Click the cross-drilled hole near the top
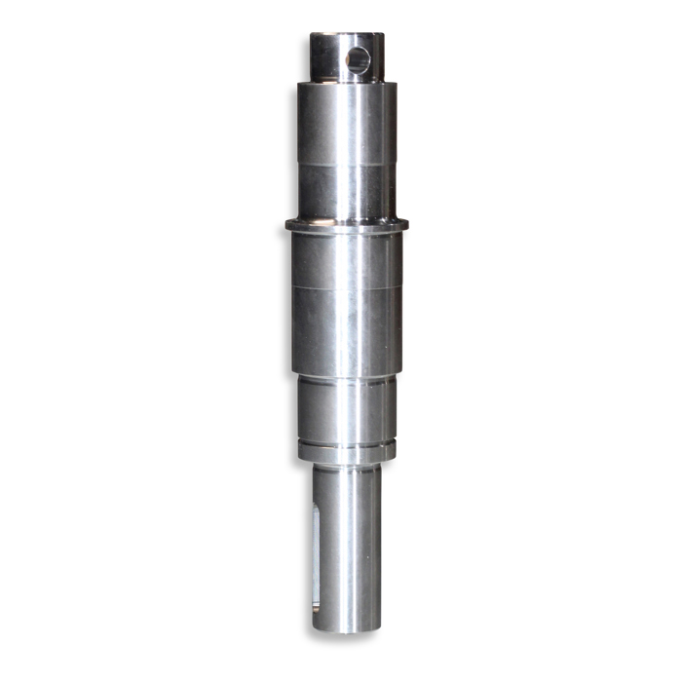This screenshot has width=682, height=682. point(359,61)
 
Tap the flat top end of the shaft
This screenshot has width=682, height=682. point(347,36)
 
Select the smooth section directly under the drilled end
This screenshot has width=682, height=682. point(347,122)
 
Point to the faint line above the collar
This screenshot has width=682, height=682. point(347,164)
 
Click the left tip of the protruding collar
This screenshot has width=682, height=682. point(287,226)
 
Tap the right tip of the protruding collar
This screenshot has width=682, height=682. point(406,226)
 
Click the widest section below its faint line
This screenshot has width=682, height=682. point(347,326)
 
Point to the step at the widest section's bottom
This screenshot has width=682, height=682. point(347,374)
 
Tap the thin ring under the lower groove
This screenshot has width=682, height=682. point(347,455)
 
